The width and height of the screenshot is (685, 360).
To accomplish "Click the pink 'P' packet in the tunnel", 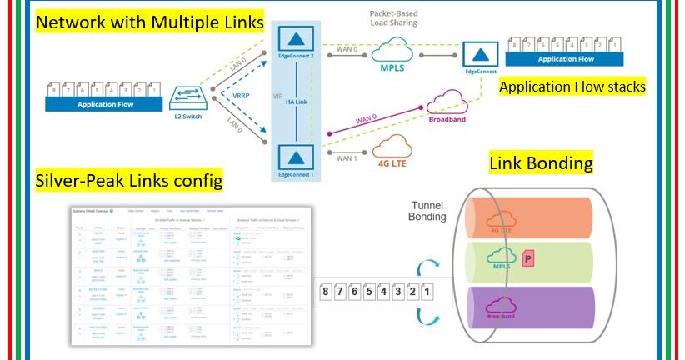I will point(527,261).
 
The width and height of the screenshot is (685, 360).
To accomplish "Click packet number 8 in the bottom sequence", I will point(327,292).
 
